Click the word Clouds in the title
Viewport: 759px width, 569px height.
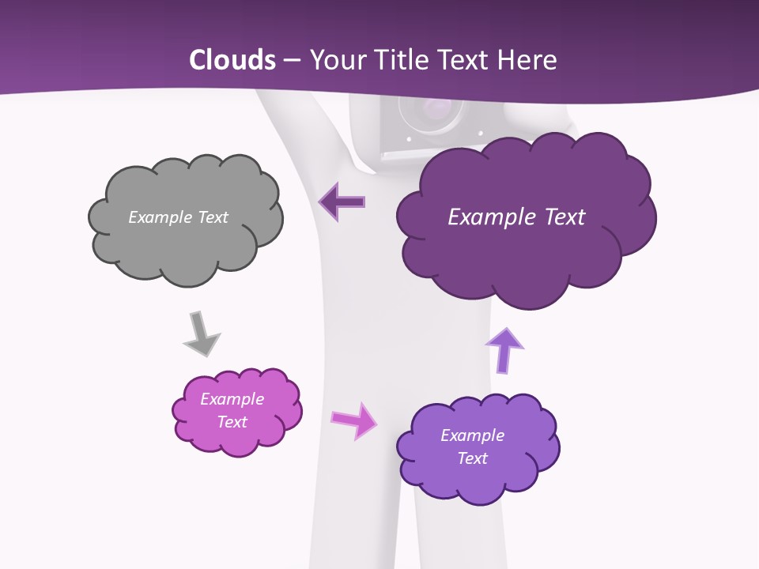232,60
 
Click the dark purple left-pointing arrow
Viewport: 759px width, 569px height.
342,202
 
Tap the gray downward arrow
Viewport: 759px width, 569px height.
201,334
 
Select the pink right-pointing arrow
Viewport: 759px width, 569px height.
354,420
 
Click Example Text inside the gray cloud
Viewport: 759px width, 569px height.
178,217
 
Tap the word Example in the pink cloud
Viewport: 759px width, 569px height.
232,399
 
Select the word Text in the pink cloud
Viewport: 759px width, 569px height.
232,422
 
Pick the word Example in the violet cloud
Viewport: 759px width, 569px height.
472,435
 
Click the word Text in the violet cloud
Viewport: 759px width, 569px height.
472,458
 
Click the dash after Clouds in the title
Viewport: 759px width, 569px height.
291,61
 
